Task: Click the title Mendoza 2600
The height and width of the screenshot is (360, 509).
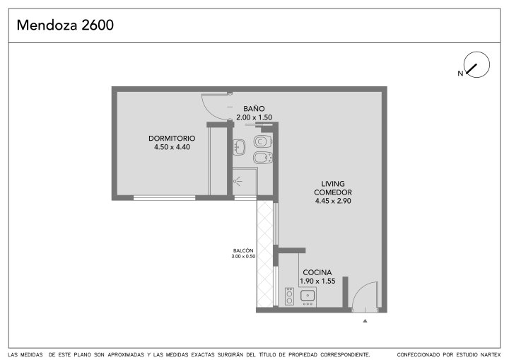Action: point(65,25)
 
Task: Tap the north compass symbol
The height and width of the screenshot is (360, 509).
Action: point(476,64)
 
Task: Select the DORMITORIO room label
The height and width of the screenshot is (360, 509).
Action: point(172,138)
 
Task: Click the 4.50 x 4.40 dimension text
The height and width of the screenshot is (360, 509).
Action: point(172,147)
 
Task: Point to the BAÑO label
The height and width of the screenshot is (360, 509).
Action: point(254,108)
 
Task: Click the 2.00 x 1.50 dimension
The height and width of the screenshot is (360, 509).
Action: point(255,117)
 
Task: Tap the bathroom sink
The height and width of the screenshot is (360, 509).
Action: point(239,147)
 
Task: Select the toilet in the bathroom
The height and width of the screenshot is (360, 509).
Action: point(262,141)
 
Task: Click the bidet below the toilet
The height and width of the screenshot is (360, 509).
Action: point(262,158)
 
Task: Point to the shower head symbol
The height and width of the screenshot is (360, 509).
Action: point(238,181)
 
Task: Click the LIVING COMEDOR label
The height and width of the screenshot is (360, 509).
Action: point(333,188)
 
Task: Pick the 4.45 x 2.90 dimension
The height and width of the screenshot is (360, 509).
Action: point(333,201)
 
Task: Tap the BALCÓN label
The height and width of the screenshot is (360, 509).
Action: point(243,250)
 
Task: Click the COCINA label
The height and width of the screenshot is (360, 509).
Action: point(317,272)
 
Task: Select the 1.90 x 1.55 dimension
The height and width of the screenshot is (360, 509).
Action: point(317,281)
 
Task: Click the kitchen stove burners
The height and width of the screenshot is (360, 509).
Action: point(289,296)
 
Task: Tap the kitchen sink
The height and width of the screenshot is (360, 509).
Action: point(308,296)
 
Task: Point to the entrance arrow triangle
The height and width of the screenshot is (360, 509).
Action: point(365,321)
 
